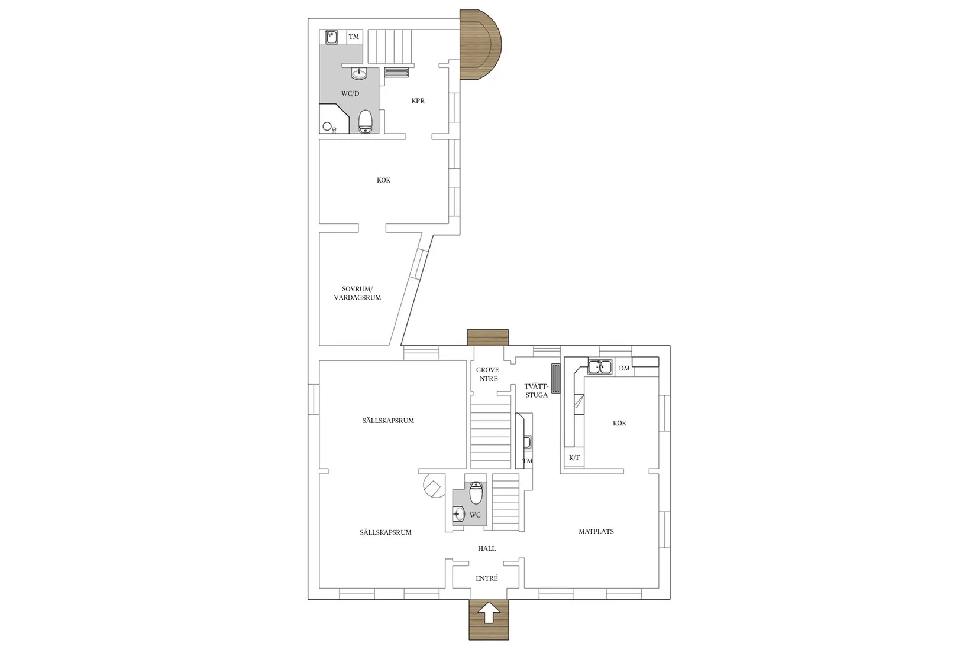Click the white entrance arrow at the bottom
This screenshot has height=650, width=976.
[489, 613]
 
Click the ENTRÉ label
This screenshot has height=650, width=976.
[487, 578]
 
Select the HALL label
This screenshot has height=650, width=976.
[487, 548]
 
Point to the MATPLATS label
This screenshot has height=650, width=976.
[596, 531]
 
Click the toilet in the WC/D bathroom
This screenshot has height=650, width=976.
[366, 121]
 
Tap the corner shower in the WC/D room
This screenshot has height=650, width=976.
[330, 121]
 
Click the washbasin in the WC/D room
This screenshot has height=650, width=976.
[358, 74]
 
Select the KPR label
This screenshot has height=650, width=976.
[418, 101]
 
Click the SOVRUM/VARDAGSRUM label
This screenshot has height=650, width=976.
[357, 293]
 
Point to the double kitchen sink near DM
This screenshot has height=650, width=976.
[599, 368]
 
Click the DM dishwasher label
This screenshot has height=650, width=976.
[624, 368]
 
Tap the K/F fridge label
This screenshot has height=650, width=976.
[574, 457]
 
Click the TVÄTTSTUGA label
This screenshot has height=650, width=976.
[537, 391]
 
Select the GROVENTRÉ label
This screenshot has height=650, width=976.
[489, 374]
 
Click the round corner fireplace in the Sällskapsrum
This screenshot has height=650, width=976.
[434, 487]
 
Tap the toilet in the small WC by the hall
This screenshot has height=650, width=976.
[476, 492]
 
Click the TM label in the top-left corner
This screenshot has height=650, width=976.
[354, 37]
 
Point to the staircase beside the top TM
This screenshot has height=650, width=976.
[390, 46]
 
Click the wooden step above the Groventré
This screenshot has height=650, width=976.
[487, 337]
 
